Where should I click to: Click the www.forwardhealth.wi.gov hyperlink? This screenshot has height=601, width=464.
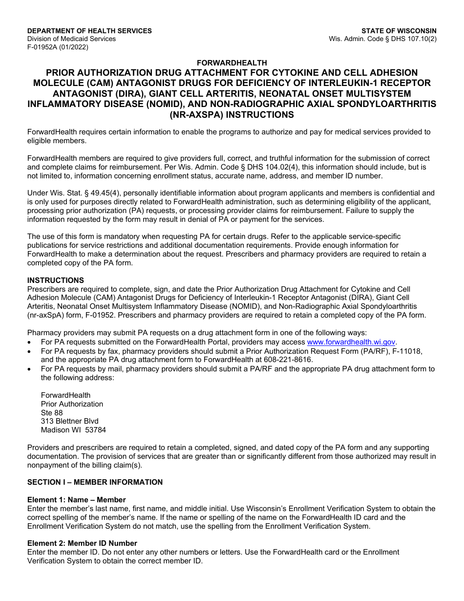click(351, 343)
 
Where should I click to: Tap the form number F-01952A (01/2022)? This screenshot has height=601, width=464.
click(58, 47)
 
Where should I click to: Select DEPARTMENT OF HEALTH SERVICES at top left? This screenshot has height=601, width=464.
click(89, 31)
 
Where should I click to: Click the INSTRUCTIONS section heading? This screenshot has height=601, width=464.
click(56, 280)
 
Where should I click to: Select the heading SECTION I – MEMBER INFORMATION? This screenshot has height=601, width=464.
click(95, 482)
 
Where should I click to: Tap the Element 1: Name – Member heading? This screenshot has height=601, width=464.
click(77, 500)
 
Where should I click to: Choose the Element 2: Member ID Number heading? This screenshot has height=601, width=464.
click(82, 543)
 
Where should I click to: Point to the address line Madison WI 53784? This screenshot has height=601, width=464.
click(73, 430)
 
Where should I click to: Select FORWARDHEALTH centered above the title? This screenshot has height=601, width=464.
click(232, 63)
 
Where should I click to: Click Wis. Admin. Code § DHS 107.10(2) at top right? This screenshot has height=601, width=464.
click(382, 39)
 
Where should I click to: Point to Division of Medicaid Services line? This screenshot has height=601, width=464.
click(71, 39)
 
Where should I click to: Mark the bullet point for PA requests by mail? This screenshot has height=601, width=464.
click(30, 369)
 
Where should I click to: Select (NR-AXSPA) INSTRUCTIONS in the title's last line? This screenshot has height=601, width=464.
click(232, 115)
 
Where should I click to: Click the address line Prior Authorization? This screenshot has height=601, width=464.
click(72, 404)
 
